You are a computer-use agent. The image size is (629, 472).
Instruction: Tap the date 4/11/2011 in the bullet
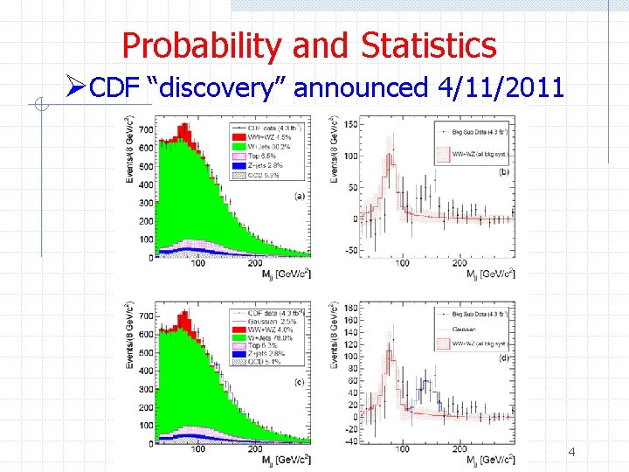[508, 87]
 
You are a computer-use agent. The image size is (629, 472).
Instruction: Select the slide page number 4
[571, 453]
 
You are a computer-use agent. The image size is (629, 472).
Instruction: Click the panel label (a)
[300, 195]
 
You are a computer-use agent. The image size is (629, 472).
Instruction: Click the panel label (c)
[300, 381]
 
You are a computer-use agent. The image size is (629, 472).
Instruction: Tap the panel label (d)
[505, 357]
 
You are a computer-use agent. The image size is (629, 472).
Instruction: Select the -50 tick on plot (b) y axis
[350, 251]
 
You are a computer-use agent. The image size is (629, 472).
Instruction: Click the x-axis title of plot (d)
[491, 461]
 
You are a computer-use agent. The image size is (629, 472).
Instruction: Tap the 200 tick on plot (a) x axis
[254, 263]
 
